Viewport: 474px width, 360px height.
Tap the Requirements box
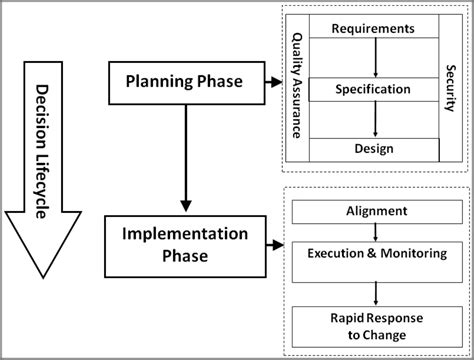(372, 29)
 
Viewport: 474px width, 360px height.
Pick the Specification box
(372, 89)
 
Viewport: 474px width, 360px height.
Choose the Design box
(372, 149)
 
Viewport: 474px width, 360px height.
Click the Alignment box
(374, 211)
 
